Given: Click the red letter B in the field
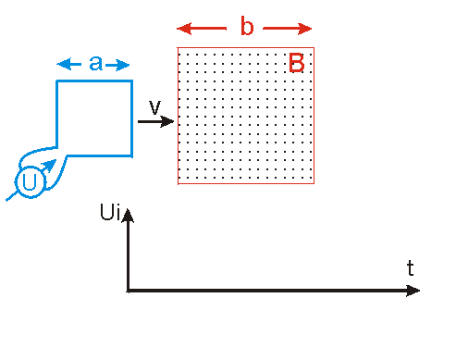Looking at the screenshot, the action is click(297, 63).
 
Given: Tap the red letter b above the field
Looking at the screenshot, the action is click(247, 26).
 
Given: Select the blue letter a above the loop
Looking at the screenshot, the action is click(96, 63).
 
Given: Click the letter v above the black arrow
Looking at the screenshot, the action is click(154, 107).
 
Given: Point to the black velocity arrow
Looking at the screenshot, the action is click(156, 121).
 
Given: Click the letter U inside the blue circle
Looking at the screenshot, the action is click(30, 182).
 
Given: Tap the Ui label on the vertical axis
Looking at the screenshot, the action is click(110, 212).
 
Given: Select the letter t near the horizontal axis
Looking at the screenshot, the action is click(411, 267).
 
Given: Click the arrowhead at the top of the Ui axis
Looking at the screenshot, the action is click(128, 216).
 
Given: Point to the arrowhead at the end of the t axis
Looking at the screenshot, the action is click(413, 291).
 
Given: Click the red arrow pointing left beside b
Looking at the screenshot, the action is click(202, 29).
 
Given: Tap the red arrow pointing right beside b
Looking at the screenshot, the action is click(288, 29).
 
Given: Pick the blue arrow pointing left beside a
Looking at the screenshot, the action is click(69, 65).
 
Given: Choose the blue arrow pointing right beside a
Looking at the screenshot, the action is click(117, 65).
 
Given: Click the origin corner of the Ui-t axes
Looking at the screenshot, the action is click(128, 291).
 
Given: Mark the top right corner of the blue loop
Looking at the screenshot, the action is click(131, 81).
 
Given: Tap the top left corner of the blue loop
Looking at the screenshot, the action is click(57, 81).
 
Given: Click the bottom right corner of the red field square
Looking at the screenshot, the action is click(314, 184).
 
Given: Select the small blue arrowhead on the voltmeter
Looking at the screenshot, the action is click(50, 165).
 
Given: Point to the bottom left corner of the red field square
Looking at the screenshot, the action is click(178, 184).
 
